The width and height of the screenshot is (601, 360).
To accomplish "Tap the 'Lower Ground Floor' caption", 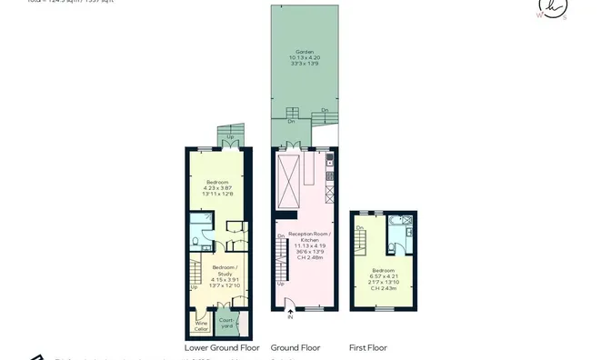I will pos(222,348).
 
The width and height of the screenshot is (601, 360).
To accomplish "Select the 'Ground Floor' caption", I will pos(296,348).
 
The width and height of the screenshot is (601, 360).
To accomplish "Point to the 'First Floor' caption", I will pos(368,348).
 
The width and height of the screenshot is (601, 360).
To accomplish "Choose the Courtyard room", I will pos(226,323).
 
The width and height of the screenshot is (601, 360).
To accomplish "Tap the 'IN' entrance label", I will pos(291,318).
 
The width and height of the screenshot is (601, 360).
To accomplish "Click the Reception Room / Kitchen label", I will pos(305,237).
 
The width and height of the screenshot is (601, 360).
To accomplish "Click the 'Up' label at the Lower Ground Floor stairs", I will pos(194,287).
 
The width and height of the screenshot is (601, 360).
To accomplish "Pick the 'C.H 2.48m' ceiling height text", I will pos(305,258).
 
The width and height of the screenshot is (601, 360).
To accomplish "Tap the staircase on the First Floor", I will pos(362,241).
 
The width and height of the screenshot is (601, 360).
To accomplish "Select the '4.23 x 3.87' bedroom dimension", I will pos(218,187).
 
